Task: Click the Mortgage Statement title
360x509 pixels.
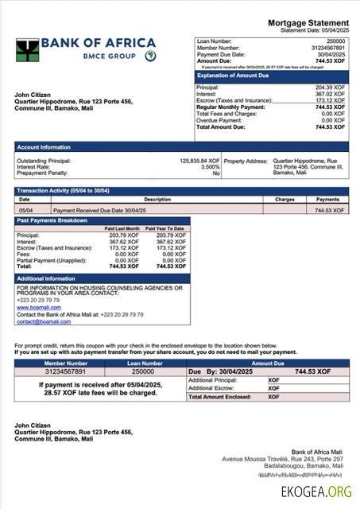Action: pyautogui.click(x=308, y=22)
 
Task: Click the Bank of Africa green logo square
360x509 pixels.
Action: pyautogui.click(x=27, y=50)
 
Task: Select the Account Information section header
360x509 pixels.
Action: pyautogui.click(x=45, y=147)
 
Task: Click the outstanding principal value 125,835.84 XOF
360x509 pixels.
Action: pyautogui.click(x=199, y=160)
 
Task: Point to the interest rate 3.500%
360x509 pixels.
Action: pyautogui.click(x=210, y=166)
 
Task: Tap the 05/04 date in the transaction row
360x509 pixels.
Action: pyautogui.click(x=25, y=210)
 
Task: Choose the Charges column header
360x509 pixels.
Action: pyautogui.click(x=285, y=200)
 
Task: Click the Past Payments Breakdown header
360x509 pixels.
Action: pyautogui.click(x=52, y=220)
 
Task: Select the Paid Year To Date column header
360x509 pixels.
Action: pyautogui.click(x=165, y=228)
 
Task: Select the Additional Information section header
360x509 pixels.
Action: pyautogui.click(x=46, y=278)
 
